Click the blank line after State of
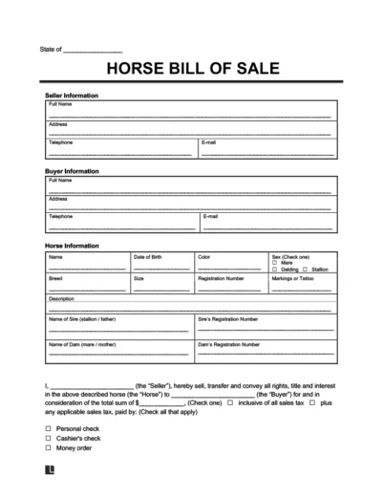[92, 49]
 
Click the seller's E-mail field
[266, 150]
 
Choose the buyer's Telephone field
[120, 225]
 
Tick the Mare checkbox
[274, 263]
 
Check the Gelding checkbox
[274, 270]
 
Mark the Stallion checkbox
[304, 270]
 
